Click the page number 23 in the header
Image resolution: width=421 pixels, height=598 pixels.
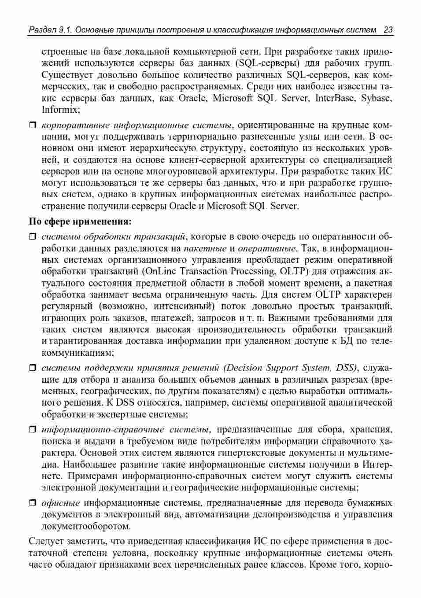(388, 30)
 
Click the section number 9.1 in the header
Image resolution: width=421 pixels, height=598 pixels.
(64, 30)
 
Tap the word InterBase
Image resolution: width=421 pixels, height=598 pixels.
(336, 98)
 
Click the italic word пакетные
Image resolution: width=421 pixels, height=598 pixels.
(205, 248)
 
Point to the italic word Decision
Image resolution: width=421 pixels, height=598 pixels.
(244, 368)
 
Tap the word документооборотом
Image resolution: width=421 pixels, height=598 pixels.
(86, 526)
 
